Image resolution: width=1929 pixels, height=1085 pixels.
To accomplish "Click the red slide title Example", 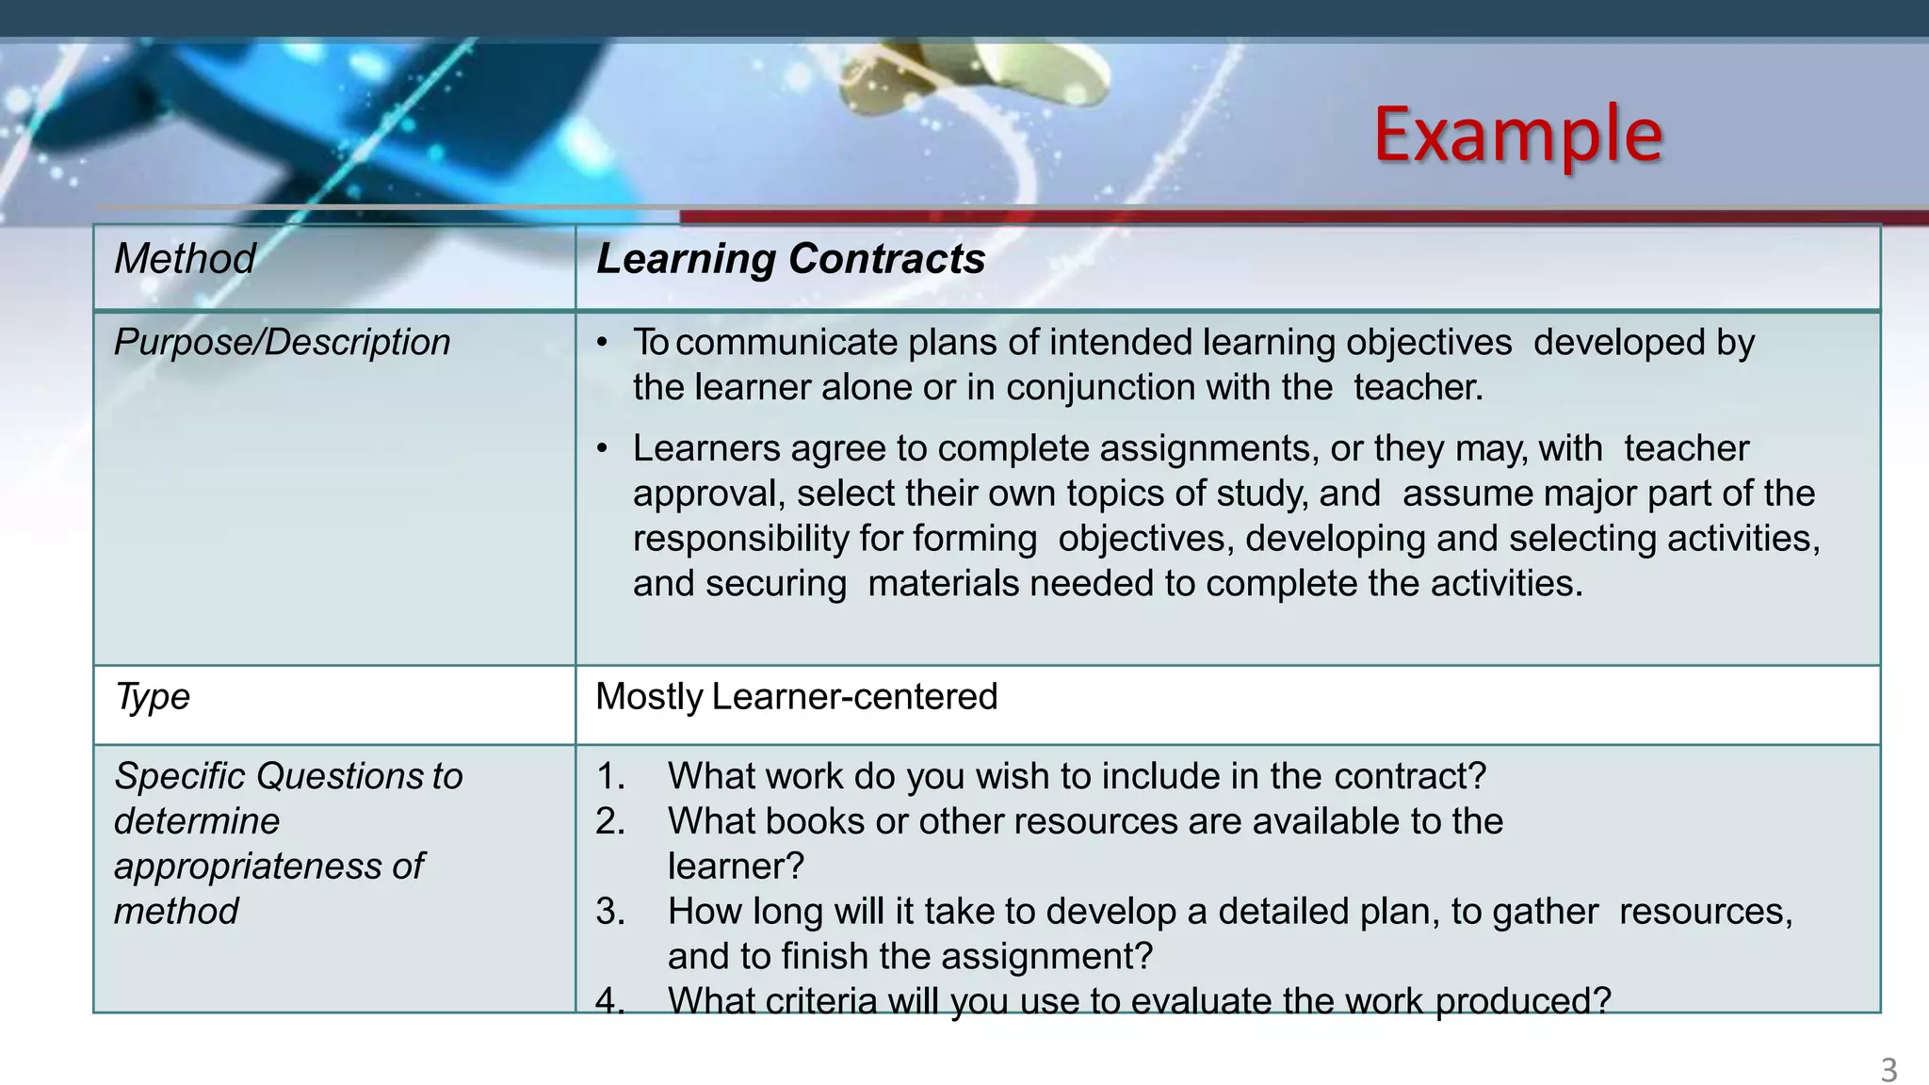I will click(x=1517, y=135).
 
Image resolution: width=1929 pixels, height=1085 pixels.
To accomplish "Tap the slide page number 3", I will click(x=1888, y=1070).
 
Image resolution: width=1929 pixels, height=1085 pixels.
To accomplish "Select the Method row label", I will click(x=185, y=258).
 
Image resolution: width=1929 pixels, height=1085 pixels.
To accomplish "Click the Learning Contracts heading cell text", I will click(x=790, y=258).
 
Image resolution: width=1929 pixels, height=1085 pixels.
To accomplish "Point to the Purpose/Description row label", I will click(x=282, y=342).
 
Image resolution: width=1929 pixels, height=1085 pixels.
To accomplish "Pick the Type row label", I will click(x=152, y=696).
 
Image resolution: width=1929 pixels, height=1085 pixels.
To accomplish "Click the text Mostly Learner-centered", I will click(x=796, y=696).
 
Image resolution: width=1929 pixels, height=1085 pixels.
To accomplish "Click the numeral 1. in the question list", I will click(x=610, y=776).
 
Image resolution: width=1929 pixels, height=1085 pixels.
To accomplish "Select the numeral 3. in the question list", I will click(x=610, y=911).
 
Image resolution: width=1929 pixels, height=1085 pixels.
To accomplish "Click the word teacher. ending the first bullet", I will click(x=1418, y=387).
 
